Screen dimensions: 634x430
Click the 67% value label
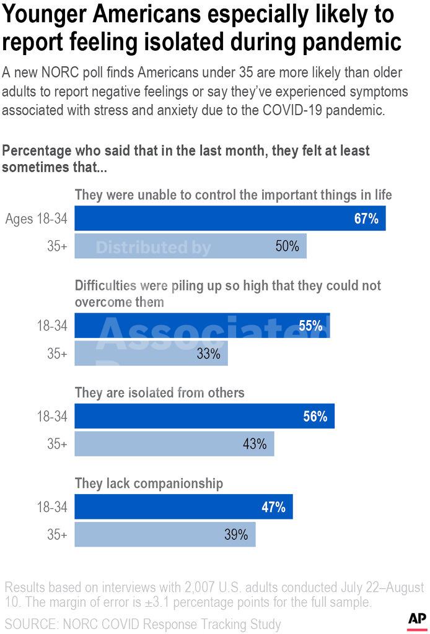tap(366, 219)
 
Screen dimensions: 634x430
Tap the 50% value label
tap(287, 246)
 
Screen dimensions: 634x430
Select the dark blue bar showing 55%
tap(202, 326)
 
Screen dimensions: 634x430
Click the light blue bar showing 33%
tap(151, 354)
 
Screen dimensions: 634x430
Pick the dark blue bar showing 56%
tap(204, 416)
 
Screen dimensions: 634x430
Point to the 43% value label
tap(254, 444)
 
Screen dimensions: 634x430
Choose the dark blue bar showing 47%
tap(183, 507)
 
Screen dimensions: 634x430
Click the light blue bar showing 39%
tap(165, 534)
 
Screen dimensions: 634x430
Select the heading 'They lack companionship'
tap(149, 484)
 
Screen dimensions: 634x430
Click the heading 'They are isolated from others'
tap(159, 393)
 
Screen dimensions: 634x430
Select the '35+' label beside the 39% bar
tap(57, 534)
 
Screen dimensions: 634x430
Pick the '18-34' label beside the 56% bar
tap(52, 416)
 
